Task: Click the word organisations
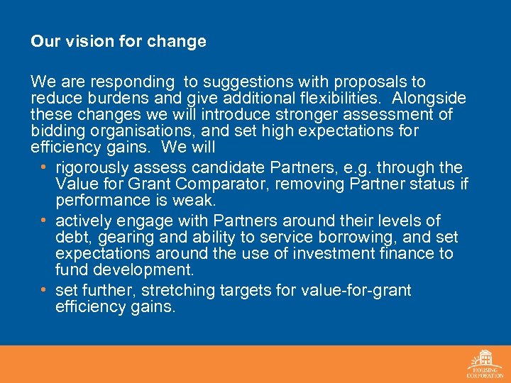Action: pyautogui.click(x=130, y=131)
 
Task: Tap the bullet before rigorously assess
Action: pyautogui.click(x=44, y=167)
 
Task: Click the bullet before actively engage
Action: pyautogui.click(x=44, y=220)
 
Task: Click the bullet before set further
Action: pyautogui.click(x=44, y=290)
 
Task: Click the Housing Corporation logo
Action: pyautogui.click(x=485, y=364)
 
